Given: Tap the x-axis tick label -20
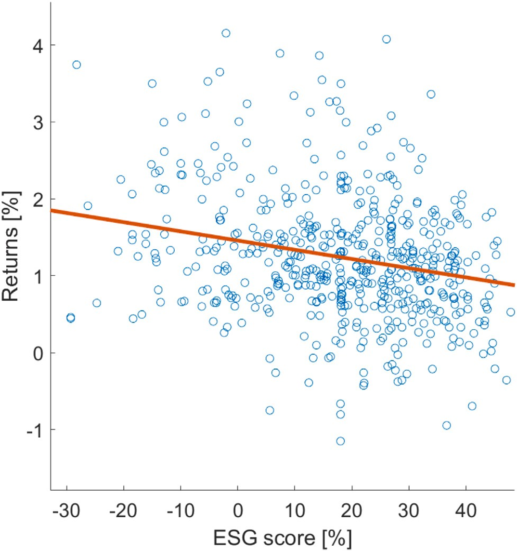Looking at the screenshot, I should pyautogui.click(x=124, y=508).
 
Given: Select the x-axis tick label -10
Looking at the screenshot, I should pyautogui.click(x=181, y=508).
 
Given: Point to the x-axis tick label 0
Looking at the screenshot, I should pyautogui.click(x=238, y=508).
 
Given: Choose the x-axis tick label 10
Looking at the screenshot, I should pyautogui.click(x=295, y=508).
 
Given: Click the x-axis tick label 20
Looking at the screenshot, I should pyautogui.click(x=352, y=508).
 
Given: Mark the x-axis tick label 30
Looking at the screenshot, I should pyautogui.click(x=409, y=508).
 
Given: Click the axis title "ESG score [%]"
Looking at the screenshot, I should pyautogui.click(x=283, y=536).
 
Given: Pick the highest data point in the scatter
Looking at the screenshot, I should pyautogui.click(x=226, y=33).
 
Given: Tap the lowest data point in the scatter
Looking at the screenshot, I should pyautogui.click(x=340, y=441).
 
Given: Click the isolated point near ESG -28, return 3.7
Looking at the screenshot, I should pyautogui.click(x=77, y=65).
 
